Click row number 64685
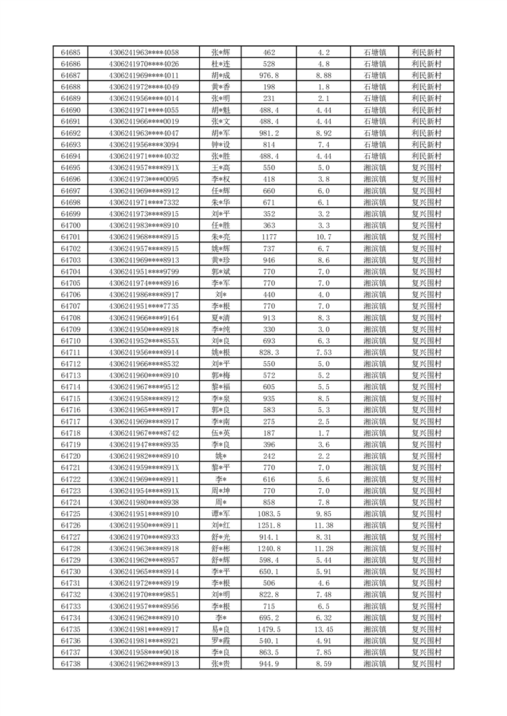tap(70, 52)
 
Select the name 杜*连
tap(220, 64)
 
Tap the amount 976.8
tap(269, 75)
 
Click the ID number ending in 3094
tap(144, 145)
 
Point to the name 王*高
tap(220, 168)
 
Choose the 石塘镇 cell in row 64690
tap(374, 110)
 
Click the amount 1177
tap(269, 237)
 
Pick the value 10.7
tap(323, 237)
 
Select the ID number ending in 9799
tap(144, 271)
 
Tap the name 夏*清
tap(220, 318)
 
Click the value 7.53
tap(323, 352)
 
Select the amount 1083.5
tap(269, 514)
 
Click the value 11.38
tap(323, 525)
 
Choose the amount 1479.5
tap(269, 629)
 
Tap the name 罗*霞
tap(220, 641)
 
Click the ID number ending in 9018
tap(144, 652)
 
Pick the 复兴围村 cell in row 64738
tap(427, 664)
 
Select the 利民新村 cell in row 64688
tap(427, 87)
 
